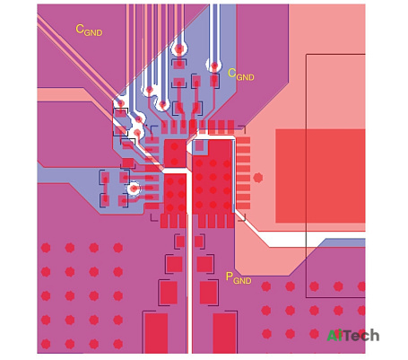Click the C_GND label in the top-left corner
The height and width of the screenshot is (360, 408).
(x=89, y=31)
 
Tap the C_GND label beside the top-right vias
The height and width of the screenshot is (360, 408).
(x=241, y=75)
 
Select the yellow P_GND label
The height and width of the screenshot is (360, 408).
(x=239, y=278)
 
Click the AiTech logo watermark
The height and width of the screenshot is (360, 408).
(x=353, y=336)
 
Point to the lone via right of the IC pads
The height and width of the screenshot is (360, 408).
(x=258, y=178)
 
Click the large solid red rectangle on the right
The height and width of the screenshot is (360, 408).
(x=320, y=176)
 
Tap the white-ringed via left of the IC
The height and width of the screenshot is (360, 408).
(x=134, y=189)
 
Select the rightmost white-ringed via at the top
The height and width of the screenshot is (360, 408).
(x=214, y=66)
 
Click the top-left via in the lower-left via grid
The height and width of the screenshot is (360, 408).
(x=46, y=248)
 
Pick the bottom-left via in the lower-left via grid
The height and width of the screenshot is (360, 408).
(x=46, y=344)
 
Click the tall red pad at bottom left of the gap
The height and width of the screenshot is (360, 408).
(x=156, y=333)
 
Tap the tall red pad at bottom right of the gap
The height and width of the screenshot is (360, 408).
(x=224, y=333)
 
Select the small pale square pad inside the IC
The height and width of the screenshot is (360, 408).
(x=199, y=145)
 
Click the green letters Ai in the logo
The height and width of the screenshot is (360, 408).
(x=334, y=336)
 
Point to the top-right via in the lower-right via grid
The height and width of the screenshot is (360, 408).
(x=361, y=286)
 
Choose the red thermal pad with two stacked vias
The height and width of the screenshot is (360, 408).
(x=175, y=154)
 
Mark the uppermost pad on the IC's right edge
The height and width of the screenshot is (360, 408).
(x=243, y=140)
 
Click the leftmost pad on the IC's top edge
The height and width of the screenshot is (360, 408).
(x=164, y=127)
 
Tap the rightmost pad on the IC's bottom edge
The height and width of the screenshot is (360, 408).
(x=230, y=221)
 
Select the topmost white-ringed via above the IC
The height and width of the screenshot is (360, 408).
(x=179, y=48)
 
